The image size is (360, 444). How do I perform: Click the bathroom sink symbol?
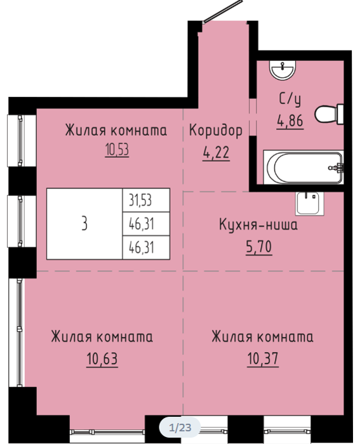[283, 70]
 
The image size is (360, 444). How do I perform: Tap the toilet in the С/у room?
[329, 114]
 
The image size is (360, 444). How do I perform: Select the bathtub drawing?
[303, 167]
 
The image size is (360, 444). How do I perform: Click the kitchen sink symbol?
[310, 203]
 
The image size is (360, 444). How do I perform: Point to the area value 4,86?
[290, 121]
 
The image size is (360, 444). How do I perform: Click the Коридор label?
[216, 131]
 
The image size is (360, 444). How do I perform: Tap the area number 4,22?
[216, 153]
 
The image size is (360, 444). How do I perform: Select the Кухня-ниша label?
[258, 225]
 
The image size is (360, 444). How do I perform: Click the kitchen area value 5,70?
[258, 247]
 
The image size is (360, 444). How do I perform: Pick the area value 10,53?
[117, 150]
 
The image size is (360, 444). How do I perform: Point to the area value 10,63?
[102, 359]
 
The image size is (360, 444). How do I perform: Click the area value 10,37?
[263, 359]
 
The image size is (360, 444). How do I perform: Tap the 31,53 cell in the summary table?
[146, 200]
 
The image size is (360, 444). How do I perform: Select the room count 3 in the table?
[84, 224]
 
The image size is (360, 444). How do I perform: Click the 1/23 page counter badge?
[180, 428]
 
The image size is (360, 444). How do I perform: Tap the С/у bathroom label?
[290, 99]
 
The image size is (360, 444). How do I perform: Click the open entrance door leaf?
[222, 11]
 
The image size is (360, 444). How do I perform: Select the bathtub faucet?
[337, 167]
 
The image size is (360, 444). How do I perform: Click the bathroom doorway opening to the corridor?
[253, 117]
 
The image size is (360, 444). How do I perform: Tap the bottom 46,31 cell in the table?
[146, 247]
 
